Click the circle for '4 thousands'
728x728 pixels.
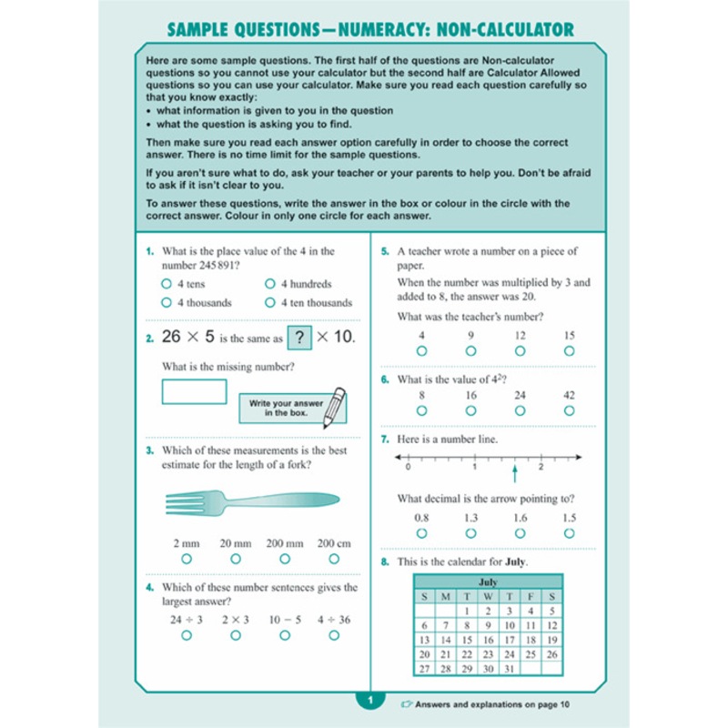click(167, 303)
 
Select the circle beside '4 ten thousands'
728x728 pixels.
click(269, 303)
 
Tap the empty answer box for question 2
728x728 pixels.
click(194, 391)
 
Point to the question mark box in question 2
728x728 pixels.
click(299, 337)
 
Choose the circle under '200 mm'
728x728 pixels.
click(285, 559)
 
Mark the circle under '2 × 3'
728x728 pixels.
click(236, 635)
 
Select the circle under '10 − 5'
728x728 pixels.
click(285, 635)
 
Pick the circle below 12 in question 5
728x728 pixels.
click(521, 350)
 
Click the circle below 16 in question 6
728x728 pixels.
click(471, 411)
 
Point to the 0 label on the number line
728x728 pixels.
click(407, 467)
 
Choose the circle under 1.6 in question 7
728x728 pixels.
click(521, 533)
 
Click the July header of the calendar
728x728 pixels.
click(488, 581)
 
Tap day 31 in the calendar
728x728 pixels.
click(510, 669)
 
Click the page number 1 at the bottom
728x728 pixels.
click(370, 702)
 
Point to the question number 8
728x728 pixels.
click(385, 561)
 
